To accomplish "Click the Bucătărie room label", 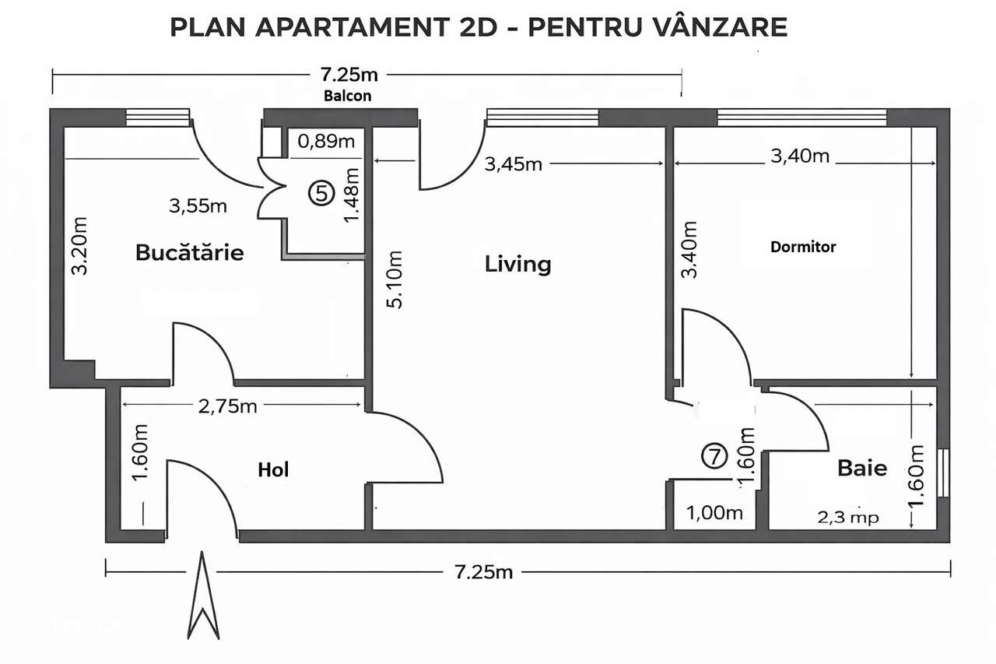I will [x=189, y=253].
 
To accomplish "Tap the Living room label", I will [x=517, y=264].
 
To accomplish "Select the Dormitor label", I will [x=803, y=247].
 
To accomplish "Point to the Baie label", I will [x=862, y=469].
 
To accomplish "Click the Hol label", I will [x=273, y=469].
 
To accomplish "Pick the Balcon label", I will [x=348, y=97].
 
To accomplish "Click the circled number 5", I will [x=319, y=191].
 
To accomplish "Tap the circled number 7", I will [x=714, y=455].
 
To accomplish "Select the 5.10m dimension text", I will [x=396, y=279].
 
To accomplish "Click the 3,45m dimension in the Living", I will [x=514, y=164].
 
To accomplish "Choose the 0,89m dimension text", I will [x=327, y=141].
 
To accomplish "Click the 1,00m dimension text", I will [x=715, y=513].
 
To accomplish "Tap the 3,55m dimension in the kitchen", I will [x=198, y=206].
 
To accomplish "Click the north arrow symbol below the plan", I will [x=202, y=595].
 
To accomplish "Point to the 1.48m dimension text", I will [x=351, y=196].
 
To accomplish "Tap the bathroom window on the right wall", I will [x=944, y=473].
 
